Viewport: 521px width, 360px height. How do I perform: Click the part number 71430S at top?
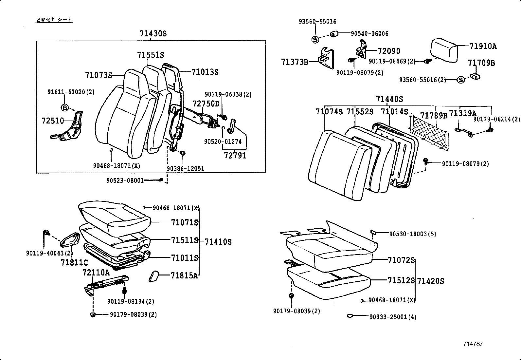[153, 33]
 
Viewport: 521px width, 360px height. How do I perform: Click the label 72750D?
[206, 104]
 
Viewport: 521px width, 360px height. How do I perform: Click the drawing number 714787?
[473, 344]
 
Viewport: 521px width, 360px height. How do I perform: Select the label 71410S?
[218, 242]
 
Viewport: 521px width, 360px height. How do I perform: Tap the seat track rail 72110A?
[106, 282]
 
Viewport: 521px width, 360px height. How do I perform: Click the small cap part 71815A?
[154, 276]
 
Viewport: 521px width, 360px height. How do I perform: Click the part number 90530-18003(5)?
[412, 234]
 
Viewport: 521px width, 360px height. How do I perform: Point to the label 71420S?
[430, 281]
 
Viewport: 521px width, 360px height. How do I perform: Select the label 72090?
[389, 51]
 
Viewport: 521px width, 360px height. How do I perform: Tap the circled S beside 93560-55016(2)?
[460, 80]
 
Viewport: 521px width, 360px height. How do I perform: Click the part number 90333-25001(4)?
[393, 317]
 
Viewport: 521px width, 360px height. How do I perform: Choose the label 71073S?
[98, 75]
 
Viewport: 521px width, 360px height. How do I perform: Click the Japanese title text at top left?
[54, 20]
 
